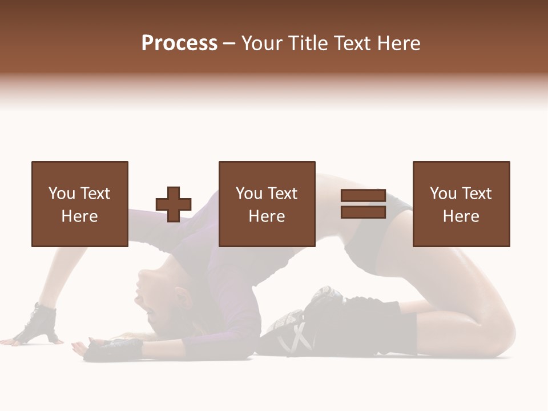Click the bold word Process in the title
click(179, 43)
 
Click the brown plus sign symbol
click(174, 204)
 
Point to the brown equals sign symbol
click(363, 204)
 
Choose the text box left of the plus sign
click(80, 204)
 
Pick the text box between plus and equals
click(267, 204)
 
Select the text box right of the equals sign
click(461, 204)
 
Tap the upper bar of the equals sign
click(363, 196)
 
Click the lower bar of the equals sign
click(363, 212)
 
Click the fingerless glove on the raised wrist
click(39, 321)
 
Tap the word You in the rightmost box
click(442, 194)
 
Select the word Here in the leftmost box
click(79, 216)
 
